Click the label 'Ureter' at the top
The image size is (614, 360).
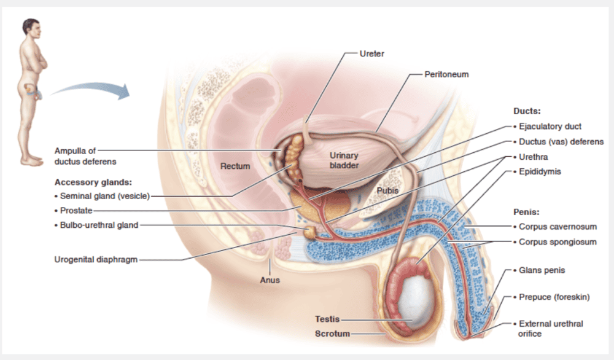tap(372, 53)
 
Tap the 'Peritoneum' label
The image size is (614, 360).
tap(446, 74)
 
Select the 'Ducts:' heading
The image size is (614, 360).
tap(526, 111)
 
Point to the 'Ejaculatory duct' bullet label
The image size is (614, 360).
tap(550, 127)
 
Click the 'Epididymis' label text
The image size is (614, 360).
tap(540, 172)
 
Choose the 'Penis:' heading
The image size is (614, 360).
tap(527, 212)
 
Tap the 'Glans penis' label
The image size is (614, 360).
tap(542, 270)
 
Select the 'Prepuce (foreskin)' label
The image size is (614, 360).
tap(554, 297)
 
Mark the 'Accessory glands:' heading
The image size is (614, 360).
tap(94, 182)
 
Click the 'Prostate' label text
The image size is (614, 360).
tap(76, 211)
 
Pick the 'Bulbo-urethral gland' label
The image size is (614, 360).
tap(99, 225)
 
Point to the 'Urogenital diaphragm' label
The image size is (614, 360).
tap(96, 259)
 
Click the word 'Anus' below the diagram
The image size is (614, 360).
tap(270, 280)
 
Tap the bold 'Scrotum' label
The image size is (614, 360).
tap(332, 334)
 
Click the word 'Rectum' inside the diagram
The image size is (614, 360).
tap(235, 166)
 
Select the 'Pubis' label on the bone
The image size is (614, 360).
tap(387, 190)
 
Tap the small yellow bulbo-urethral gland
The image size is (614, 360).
tap(311, 232)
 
